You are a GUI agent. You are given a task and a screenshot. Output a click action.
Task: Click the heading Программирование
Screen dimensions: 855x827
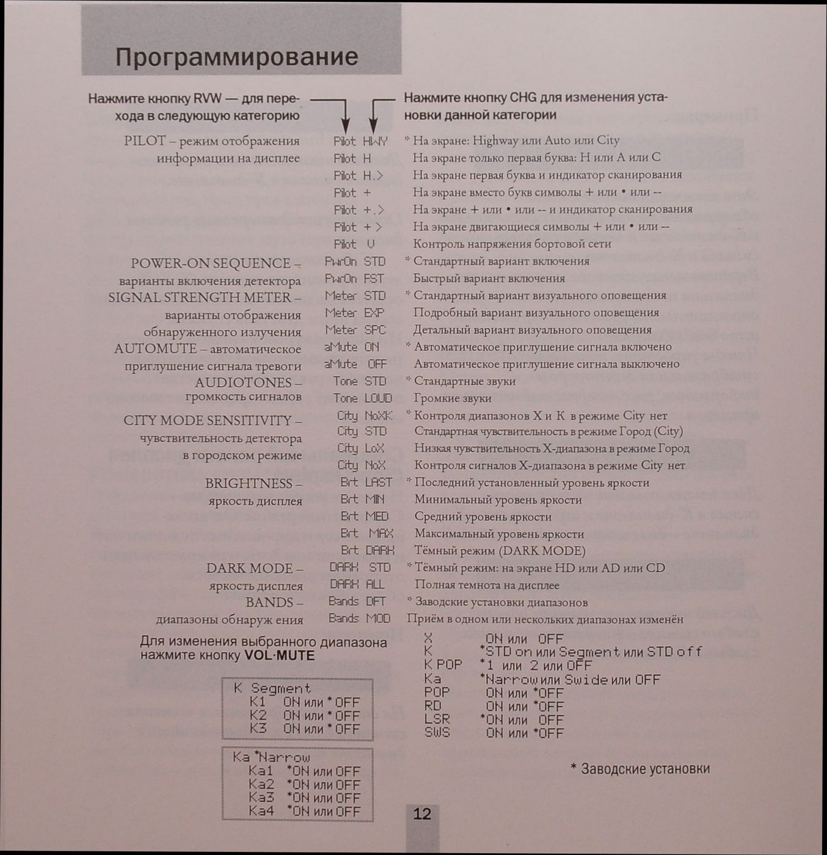236,57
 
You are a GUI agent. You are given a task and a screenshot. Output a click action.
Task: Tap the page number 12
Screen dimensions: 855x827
422,813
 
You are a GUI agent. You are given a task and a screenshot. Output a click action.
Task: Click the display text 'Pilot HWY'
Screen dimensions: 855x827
360,141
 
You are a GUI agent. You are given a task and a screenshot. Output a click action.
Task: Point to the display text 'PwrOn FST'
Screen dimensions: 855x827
355,278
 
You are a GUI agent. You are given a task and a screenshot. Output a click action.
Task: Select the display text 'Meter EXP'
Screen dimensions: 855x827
355,313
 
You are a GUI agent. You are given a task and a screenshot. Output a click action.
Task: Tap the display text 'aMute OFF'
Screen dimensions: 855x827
355,364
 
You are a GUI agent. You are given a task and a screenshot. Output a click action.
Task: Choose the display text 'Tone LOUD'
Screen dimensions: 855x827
362,398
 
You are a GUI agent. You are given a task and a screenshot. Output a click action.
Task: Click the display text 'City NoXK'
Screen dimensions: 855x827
365,415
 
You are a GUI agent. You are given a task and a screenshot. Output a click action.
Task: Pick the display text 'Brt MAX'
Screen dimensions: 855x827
366,533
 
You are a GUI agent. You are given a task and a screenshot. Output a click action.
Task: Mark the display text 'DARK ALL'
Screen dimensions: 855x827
357,584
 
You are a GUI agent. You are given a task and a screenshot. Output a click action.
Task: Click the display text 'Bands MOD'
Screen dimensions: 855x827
359,619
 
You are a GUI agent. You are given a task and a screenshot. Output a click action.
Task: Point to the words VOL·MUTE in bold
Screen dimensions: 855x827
279,656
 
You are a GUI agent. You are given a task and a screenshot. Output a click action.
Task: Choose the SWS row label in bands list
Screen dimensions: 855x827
437,732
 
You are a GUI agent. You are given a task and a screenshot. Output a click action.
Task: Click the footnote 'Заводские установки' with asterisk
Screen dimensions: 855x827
640,768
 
